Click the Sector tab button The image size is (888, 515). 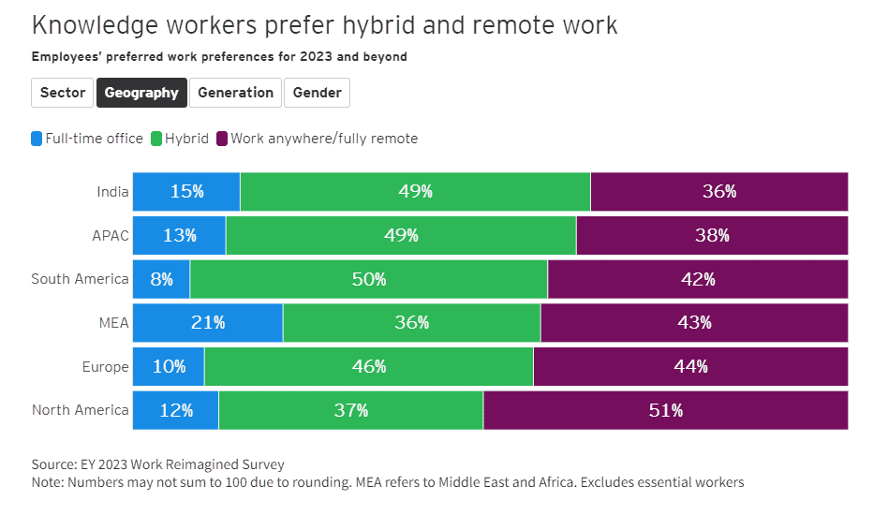pyautogui.click(x=63, y=93)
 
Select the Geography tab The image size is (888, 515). pyautogui.click(x=141, y=93)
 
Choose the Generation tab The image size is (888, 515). pyautogui.click(x=235, y=93)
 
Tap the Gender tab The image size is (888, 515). pyautogui.click(x=317, y=93)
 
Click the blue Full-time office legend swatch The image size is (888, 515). pyautogui.click(x=37, y=139)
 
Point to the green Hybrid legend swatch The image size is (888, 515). pyautogui.click(x=157, y=139)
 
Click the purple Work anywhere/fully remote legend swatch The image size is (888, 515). pyautogui.click(x=222, y=139)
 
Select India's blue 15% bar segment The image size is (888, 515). pyautogui.click(x=186, y=191)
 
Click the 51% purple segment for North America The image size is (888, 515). pyautogui.click(x=665, y=410)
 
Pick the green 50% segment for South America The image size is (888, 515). pyautogui.click(x=368, y=279)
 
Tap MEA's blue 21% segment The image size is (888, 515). pyautogui.click(x=207, y=322)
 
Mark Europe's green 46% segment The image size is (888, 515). pyautogui.click(x=368, y=366)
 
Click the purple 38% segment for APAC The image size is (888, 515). pyautogui.click(x=712, y=235)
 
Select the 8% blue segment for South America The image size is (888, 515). pyautogui.click(x=161, y=279)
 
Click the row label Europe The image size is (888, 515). pyautogui.click(x=105, y=367)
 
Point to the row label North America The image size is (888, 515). pyautogui.click(x=80, y=410)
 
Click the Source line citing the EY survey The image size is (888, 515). pyautogui.click(x=157, y=464)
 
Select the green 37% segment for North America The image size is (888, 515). pyautogui.click(x=350, y=410)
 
